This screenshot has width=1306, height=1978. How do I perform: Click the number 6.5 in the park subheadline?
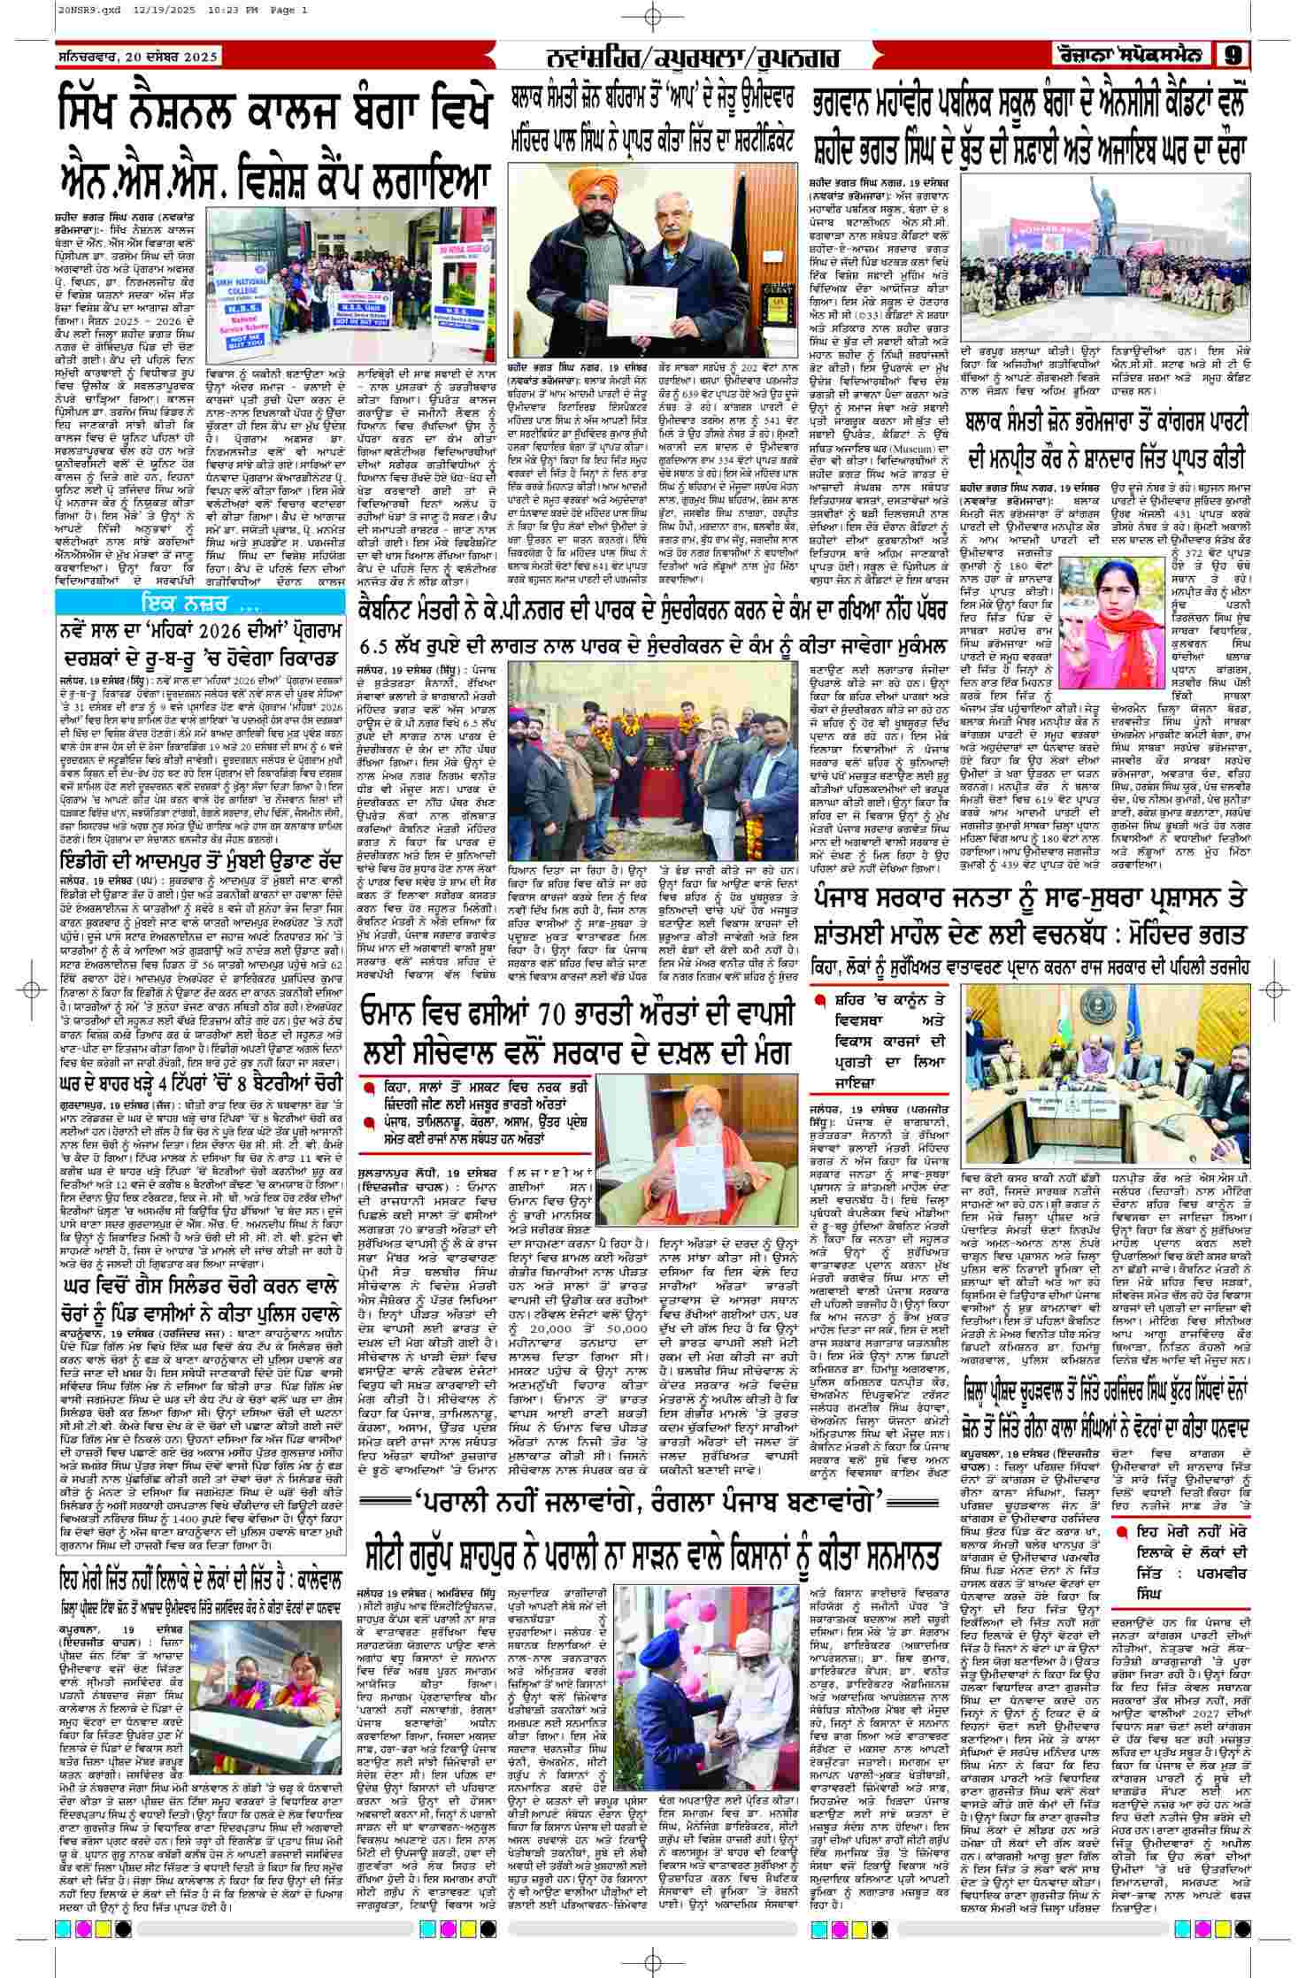tap(382, 643)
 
